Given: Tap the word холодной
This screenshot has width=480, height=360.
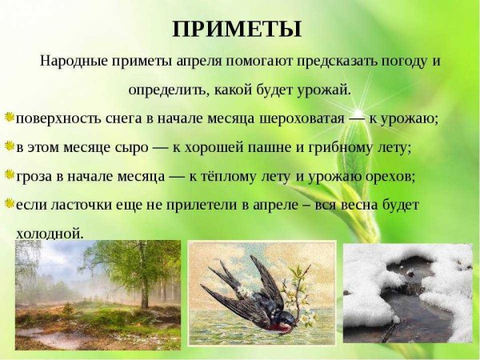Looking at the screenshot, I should [49, 233].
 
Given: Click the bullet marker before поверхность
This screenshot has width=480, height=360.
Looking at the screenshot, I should [8, 117].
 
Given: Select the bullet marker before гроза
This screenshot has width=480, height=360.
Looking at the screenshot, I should [8, 174].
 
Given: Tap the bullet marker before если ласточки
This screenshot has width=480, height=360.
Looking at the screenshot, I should [8, 203].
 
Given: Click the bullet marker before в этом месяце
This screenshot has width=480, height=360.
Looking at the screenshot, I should [8, 146].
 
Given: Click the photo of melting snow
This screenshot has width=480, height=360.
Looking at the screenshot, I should [407, 296].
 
